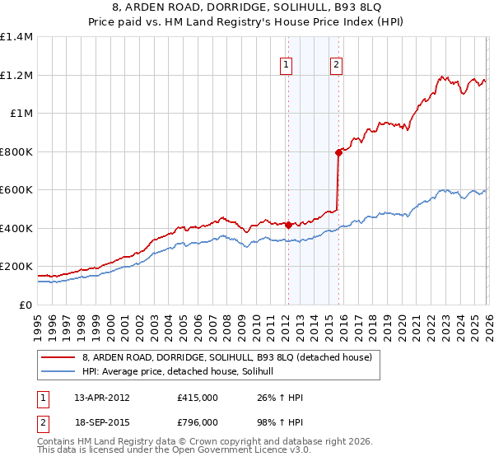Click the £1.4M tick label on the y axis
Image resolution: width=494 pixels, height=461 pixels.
[x=16, y=37]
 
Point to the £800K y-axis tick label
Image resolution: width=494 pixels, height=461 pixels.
[x=16, y=151]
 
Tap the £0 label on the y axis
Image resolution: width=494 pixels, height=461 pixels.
[x=26, y=305]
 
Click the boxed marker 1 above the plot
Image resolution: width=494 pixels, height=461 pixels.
[x=286, y=65]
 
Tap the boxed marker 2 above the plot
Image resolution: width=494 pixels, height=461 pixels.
[x=338, y=65]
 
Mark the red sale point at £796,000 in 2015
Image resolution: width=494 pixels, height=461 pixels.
[x=338, y=152]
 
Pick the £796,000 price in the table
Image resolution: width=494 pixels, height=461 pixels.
[x=198, y=421]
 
